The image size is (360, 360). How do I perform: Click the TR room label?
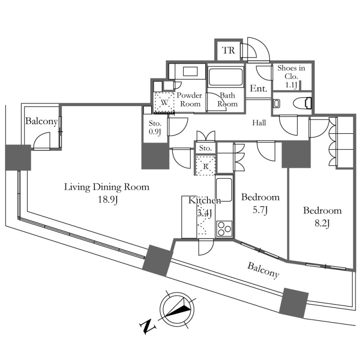coord(229,50)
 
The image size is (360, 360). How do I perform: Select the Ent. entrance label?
coord(258,89)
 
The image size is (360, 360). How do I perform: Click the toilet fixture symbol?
coord(302,103)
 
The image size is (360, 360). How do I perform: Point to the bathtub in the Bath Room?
coord(225,77)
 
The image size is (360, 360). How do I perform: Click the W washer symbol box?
coord(164,103)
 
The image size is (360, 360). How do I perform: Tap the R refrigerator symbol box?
coord(206,166)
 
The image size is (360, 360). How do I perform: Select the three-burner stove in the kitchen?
coord(224,229)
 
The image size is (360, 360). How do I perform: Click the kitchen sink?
coord(224,189)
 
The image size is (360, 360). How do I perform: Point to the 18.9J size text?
coord(108,200)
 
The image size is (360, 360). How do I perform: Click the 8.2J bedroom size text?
coord(322,223)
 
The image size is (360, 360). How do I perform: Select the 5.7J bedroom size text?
coord(261,210)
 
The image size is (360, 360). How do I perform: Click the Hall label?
coord(259,123)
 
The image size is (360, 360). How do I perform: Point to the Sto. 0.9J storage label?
coord(155,127)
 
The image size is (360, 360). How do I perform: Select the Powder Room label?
coord(189,99)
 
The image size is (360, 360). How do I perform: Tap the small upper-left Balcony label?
coord(41,121)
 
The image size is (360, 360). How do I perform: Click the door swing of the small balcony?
coord(41,141)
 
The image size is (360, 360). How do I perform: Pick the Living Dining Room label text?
coord(107,187)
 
